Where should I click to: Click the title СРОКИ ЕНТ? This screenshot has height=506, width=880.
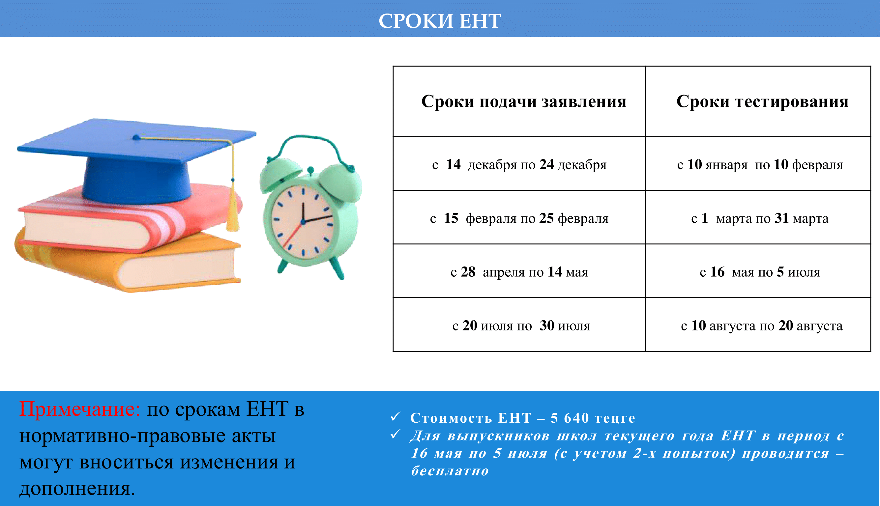click(x=440, y=20)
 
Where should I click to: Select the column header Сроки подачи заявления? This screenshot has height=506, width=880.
click(x=524, y=102)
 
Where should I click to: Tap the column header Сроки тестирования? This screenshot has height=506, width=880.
click(x=762, y=102)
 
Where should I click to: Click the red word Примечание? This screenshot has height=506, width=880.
click(x=80, y=409)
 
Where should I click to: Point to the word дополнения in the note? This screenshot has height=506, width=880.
click(x=77, y=488)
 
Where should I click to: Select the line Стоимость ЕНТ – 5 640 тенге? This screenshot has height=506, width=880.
click(x=523, y=418)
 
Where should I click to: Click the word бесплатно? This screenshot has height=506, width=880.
click(x=450, y=471)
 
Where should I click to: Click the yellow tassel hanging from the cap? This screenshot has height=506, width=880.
click(x=233, y=205)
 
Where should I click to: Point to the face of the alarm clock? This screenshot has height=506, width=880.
click(x=303, y=221)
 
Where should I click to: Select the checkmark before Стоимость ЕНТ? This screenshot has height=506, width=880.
click(x=395, y=416)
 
